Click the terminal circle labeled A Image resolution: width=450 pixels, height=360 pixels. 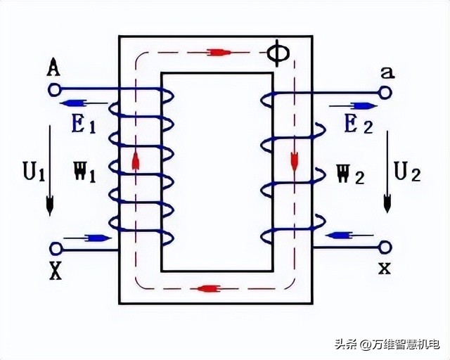[54, 89]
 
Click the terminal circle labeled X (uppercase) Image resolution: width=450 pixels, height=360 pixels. [55, 248]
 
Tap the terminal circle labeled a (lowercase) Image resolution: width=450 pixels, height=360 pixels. [385, 91]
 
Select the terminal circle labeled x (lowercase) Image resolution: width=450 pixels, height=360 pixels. [385, 246]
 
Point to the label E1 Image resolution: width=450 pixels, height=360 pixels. [82, 126]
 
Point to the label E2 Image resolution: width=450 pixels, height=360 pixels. [357, 126]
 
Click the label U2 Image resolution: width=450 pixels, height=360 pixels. [406, 171]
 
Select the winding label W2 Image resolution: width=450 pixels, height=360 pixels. [349, 174]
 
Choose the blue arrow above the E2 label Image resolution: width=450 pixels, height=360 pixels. [364, 106]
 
